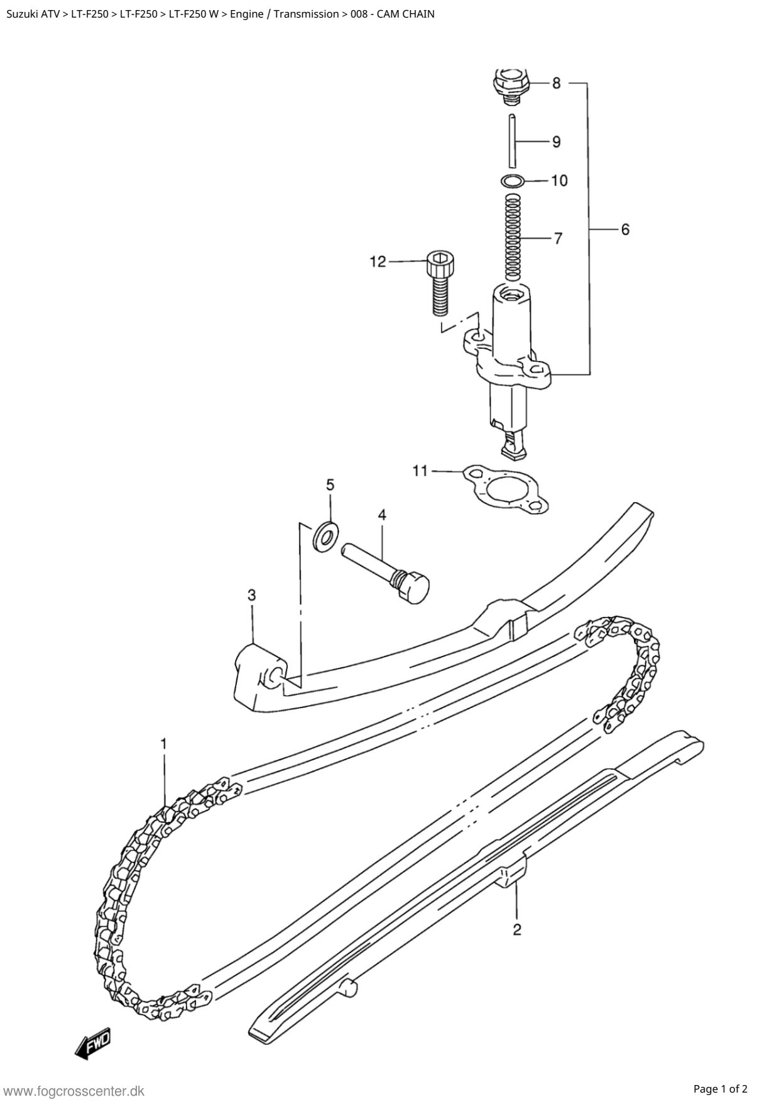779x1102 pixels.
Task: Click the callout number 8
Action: [x=557, y=83]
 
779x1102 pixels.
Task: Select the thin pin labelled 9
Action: [x=512, y=141]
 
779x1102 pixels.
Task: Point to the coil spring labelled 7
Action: [x=513, y=238]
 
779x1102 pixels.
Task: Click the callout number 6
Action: [x=625, y=229]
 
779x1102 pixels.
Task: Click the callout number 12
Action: [x=378, y=261]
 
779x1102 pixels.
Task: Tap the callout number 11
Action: [x=420, y=470]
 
